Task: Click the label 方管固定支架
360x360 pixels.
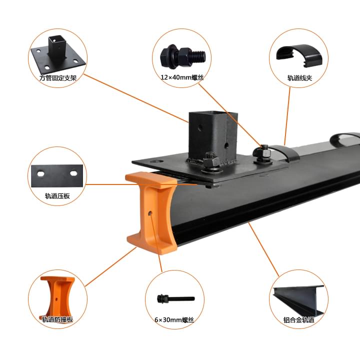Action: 58,78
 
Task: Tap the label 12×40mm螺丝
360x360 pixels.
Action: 182,77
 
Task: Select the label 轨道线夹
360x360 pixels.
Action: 299,78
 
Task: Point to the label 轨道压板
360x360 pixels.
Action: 57,196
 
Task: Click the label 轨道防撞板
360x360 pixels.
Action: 57,319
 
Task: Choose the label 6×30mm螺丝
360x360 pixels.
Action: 174,319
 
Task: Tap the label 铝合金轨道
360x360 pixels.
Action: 298,319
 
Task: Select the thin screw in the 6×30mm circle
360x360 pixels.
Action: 176,299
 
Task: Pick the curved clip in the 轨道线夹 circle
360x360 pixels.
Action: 299,55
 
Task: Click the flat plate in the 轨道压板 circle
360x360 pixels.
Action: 57,176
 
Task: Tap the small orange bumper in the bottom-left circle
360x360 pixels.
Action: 56,295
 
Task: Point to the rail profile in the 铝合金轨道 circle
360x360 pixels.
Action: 298,299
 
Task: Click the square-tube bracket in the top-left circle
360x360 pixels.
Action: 58,54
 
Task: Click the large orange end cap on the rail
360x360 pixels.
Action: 151,213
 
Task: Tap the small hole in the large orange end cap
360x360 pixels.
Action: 150,213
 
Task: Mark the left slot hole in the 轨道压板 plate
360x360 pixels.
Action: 41,173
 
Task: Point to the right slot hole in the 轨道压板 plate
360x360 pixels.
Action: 73,173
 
